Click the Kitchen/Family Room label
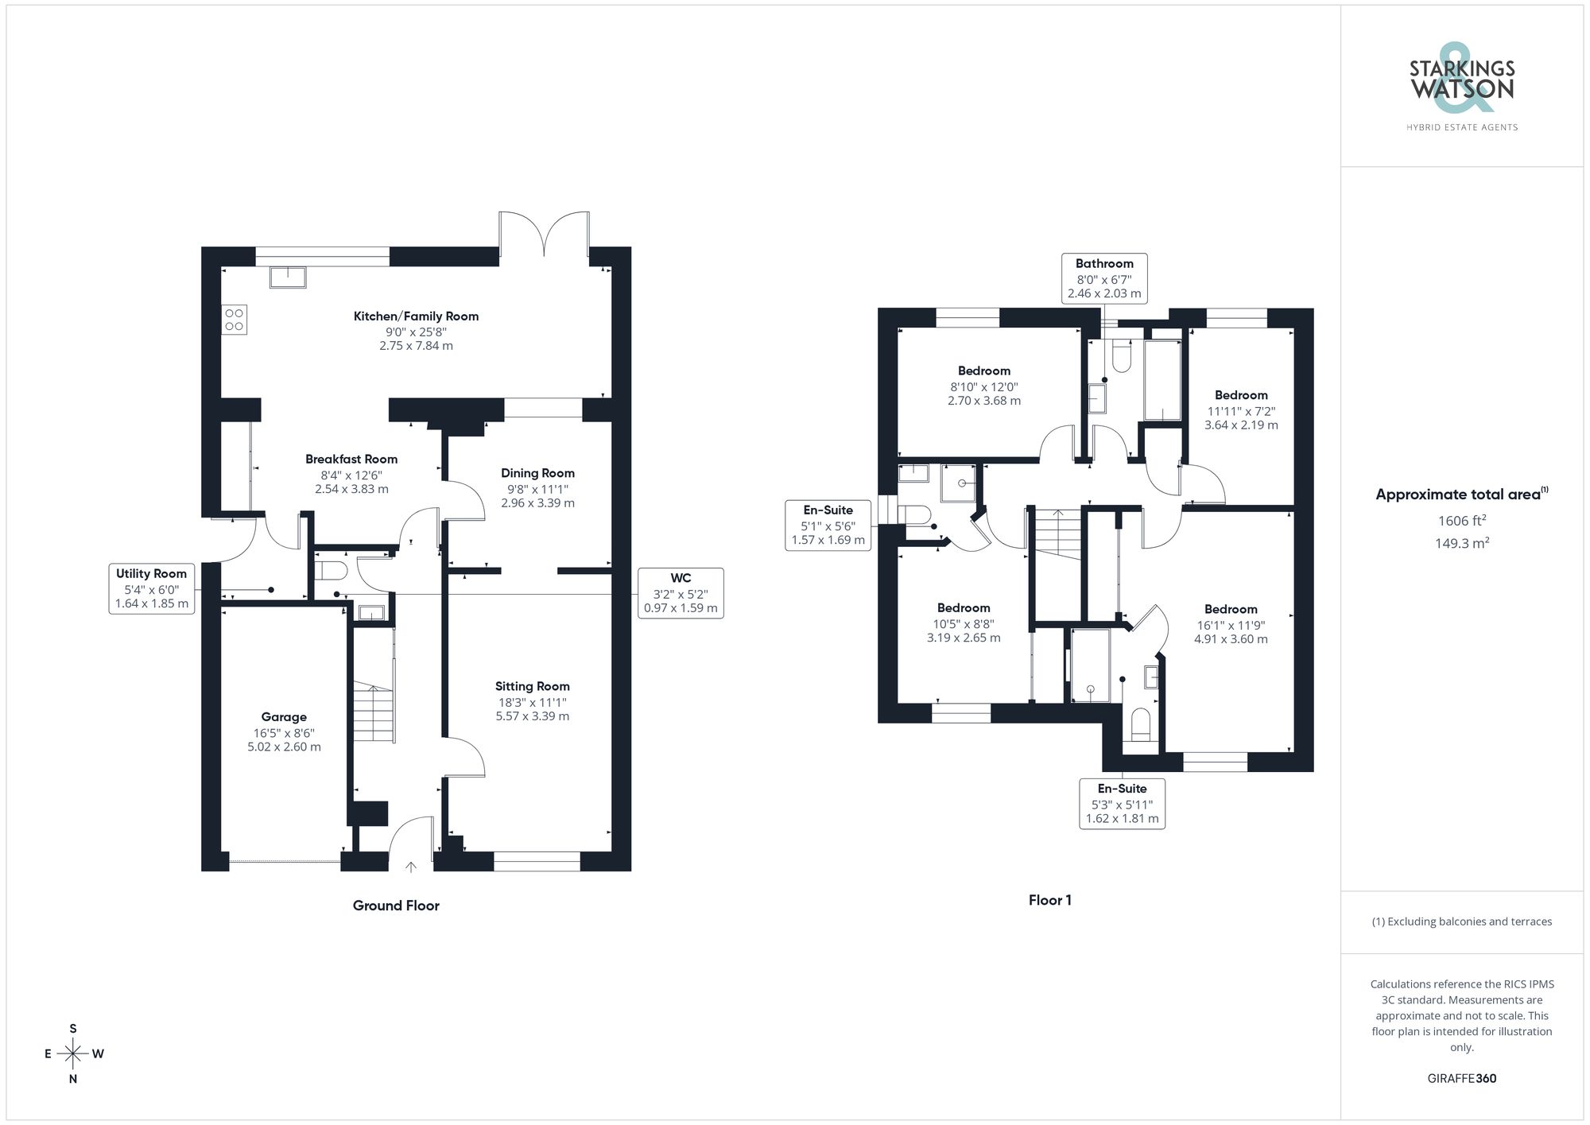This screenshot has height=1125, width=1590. coord(416,316)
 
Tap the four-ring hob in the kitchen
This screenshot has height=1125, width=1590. coord(235,320)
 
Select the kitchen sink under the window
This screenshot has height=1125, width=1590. coord(288,277)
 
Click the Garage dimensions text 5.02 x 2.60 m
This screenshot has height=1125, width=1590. coord(284,747)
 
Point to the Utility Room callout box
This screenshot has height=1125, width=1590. coord(151,588)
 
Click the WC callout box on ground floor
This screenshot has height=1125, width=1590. coord(681,592)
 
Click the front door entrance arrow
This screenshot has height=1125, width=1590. coord(411,867)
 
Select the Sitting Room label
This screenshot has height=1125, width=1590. coord(532,686)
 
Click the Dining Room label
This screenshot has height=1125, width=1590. coord(537,473)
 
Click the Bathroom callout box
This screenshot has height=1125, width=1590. coord(1104,278)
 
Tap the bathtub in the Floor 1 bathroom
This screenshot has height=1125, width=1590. coord(1162,380)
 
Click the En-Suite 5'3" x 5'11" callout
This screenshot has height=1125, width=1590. coord(1122,803)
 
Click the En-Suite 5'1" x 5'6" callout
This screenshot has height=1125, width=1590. coord(828,525)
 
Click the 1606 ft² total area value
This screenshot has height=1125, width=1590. coord(1461,521)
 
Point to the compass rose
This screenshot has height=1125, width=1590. coord(73,1054)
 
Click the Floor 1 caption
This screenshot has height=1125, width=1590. coord(1049,900)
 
